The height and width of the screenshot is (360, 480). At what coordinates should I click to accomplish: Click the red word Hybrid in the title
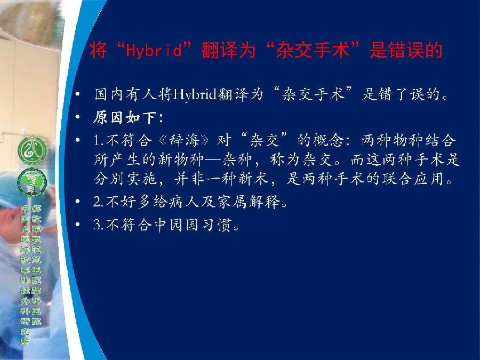coord(154,50)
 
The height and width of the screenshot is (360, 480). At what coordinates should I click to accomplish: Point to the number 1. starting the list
coord(99,140)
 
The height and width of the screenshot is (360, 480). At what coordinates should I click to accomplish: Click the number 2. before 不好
coord(99,202)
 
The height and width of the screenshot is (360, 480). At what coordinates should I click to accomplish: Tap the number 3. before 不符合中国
coord(99,225)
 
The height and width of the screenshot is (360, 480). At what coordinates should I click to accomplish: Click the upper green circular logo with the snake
coord(33,150)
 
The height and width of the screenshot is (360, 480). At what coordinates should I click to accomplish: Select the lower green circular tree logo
coord(32,182)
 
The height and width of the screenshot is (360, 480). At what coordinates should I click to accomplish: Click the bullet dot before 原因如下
coord(78,117)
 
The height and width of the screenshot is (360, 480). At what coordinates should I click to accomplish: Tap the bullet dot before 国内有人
coord(78,94)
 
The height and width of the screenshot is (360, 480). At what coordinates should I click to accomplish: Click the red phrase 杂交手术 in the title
coord(312,50)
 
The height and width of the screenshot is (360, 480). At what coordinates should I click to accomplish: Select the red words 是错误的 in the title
coord(406,50)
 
